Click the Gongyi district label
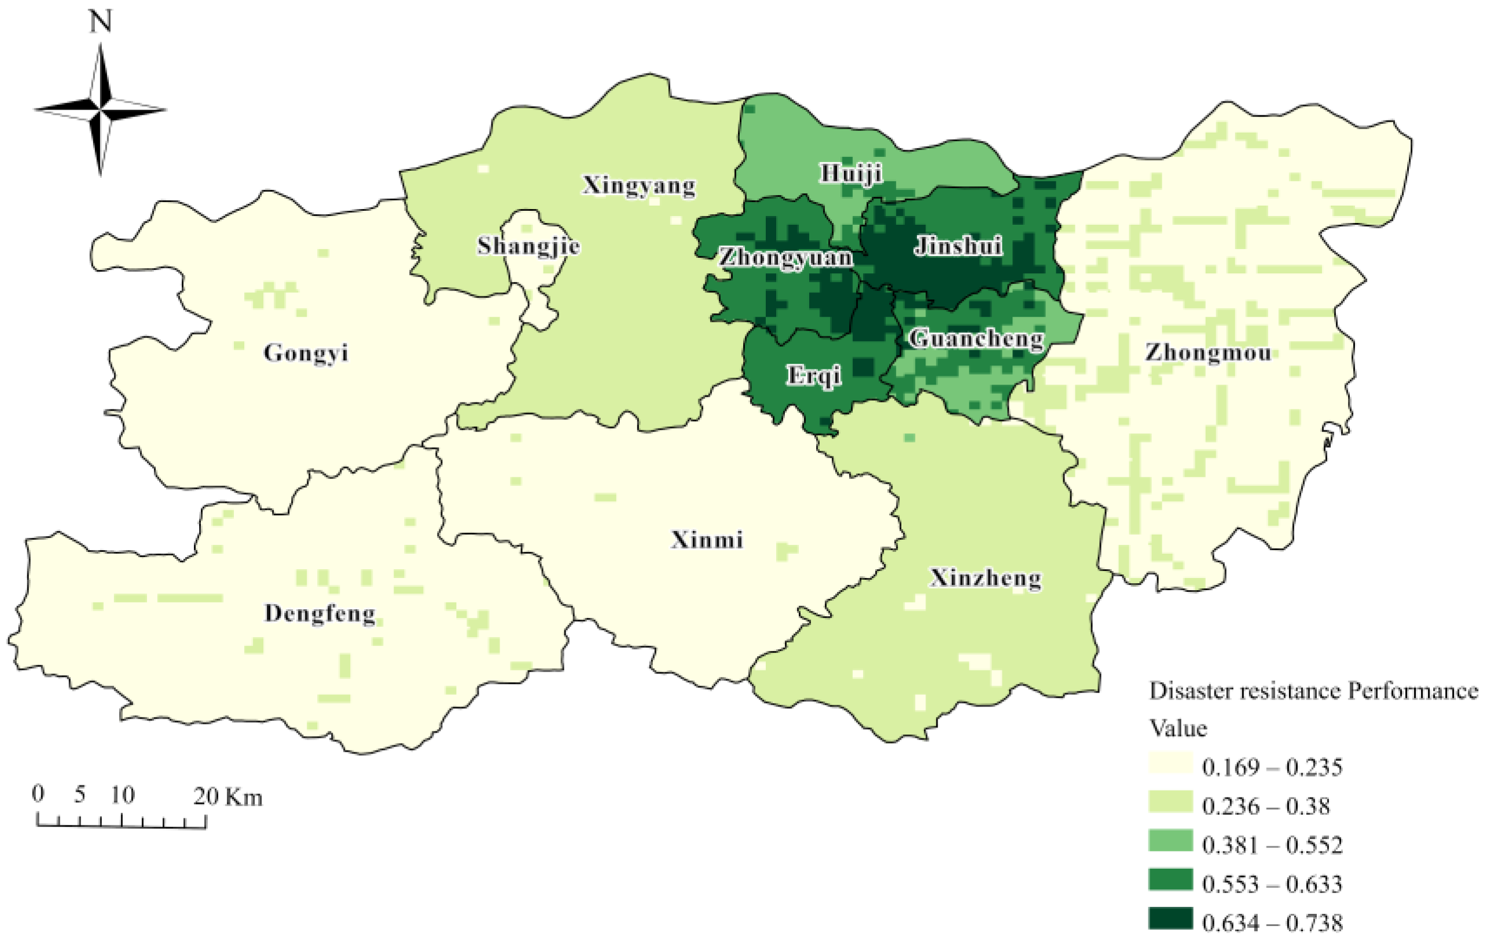click(x=306, y=353)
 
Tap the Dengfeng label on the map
click(x=320, y=614)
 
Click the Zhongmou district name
click(x=1208, y=353)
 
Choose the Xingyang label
click(x=638, y=185)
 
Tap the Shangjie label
click(x=528, y=247)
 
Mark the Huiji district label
click(x=851, y=174)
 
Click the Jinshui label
click(x=958, y=247)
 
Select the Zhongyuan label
click(x=785, y=258)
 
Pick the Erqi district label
click(x=813, y=376)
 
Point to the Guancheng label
click(x=976, y=339)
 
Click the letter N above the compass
click(x=101, y=22)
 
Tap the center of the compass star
click(x=100, y=110)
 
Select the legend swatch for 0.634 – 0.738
click(x=1170, y=919)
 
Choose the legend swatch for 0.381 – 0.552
click(x=1170, y=841)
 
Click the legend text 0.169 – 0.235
click(x=1272, y=767)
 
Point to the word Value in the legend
click(x=1178, y=729)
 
